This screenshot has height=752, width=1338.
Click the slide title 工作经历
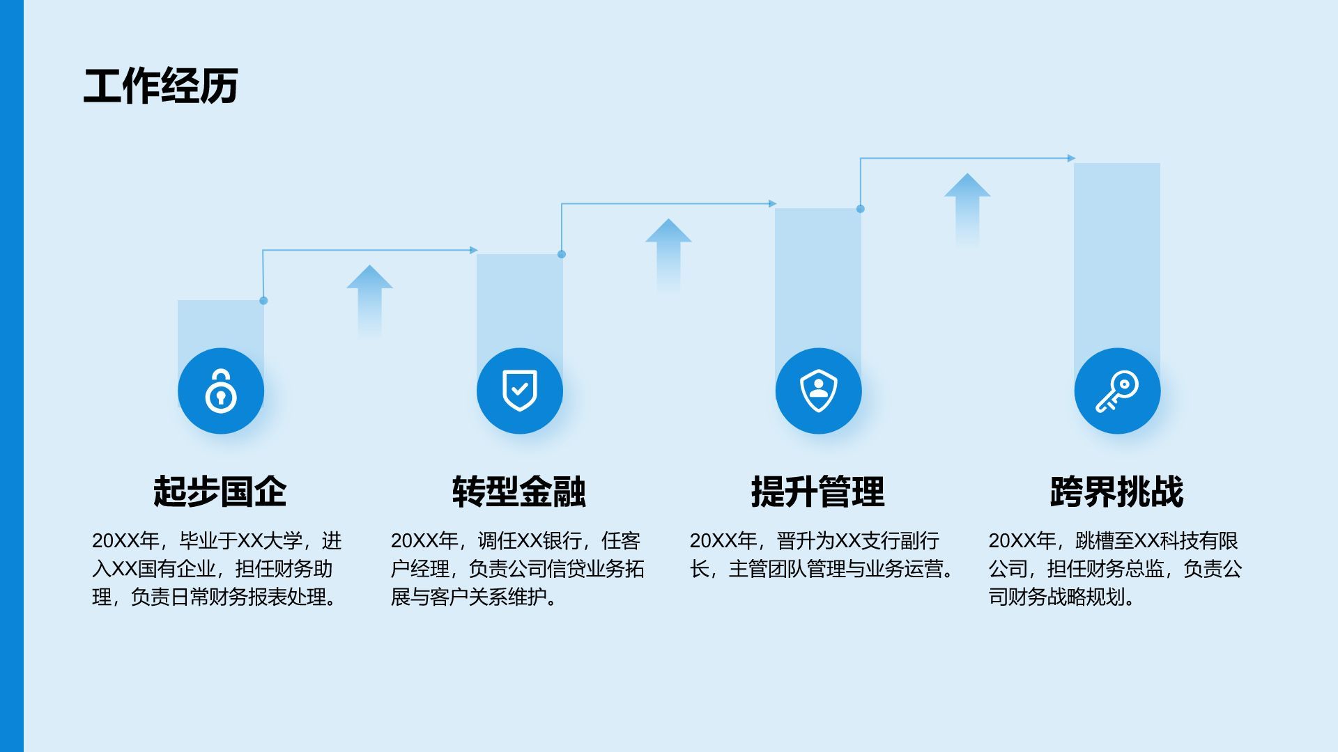point(161,86)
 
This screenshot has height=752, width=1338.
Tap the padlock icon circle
point(221,391)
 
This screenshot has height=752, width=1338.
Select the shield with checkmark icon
point(520,391)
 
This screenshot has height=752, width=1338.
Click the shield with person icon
point(818,391)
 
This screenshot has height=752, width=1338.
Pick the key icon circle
point(1117,391)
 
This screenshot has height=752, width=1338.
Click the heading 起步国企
point(220,492)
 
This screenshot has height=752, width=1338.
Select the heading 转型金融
point(519,492)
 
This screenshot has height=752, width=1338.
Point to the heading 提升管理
point(818,492)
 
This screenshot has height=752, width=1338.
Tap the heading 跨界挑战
point(1116,492)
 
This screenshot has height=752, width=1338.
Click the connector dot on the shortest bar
point(263,301)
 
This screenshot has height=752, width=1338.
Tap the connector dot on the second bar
point(562,254)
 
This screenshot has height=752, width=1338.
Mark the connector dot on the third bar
point(861,209)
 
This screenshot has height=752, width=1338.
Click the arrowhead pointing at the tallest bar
point(1071,158)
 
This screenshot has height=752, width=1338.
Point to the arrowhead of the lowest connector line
point(474,250)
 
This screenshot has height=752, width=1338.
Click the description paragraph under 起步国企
point(217,569)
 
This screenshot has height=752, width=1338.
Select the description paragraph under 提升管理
point(822,555)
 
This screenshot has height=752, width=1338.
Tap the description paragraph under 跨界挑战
point(1115,569)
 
